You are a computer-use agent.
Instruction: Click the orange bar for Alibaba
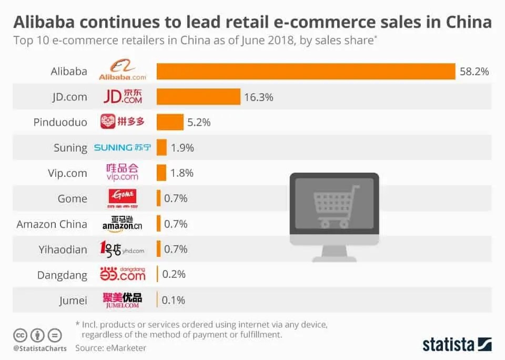click(306, 71)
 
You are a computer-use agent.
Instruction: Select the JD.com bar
click(198, 97)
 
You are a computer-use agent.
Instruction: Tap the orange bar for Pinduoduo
click(170, 122)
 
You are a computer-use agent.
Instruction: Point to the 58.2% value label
click(474, 72)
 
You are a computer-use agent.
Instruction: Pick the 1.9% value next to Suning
click(183, 148)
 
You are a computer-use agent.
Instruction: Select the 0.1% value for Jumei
click(174, 300)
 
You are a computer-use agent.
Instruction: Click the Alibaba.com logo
click(122, 71)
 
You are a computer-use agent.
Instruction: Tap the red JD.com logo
click(122, 97)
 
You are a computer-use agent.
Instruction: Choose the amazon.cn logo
click(122, 224)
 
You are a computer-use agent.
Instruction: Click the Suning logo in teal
click(122, 148)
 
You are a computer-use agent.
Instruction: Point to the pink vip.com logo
click(122, 173)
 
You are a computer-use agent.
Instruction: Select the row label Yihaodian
click(63, 249)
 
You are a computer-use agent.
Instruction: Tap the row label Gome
click(73, 198)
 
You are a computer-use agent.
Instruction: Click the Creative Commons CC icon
click(20, 335)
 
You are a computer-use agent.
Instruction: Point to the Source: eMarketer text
click(110, 348)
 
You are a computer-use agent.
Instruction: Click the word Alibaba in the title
click(50, 22)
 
